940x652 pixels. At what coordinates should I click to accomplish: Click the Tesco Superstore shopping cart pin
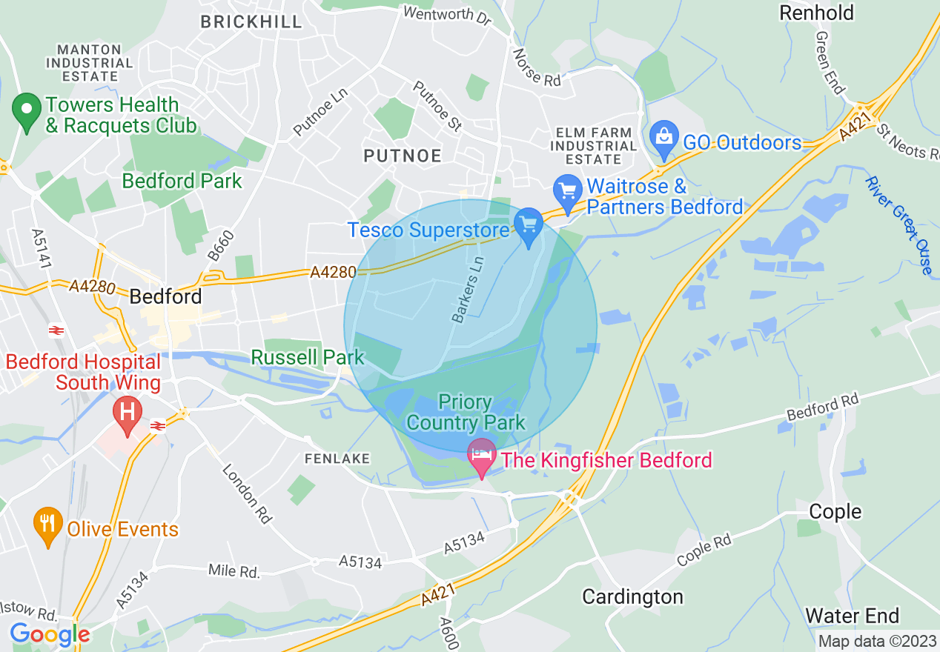coord(529,225)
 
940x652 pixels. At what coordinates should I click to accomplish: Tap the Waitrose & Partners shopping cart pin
coord(569,192)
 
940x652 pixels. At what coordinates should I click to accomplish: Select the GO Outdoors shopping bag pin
coord(663,138)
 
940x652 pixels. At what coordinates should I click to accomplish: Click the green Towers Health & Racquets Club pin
coord(27,113)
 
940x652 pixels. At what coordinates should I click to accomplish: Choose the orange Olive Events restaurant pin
coord(48,525)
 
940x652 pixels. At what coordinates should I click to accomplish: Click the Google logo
coord(50,634)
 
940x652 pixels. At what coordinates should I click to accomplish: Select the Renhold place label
coord(816,13)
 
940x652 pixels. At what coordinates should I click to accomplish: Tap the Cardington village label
coord(632,596)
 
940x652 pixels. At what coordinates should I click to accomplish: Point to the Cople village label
coord(835,511)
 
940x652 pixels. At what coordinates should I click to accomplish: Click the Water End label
coord(852,616)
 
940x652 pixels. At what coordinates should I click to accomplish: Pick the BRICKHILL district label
coord(251,21)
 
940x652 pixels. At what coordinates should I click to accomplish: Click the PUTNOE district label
coord(403,156)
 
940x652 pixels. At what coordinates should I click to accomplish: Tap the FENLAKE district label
coord(337,459)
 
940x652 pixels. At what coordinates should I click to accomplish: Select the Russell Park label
coord(308,357)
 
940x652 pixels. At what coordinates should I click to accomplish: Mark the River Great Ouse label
coord(898,224)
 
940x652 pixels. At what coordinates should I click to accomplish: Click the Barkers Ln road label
coord(469,290)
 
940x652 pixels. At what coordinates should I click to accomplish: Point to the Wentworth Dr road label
coord(447,15)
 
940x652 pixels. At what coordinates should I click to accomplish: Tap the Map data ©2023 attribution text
coord(876,641)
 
